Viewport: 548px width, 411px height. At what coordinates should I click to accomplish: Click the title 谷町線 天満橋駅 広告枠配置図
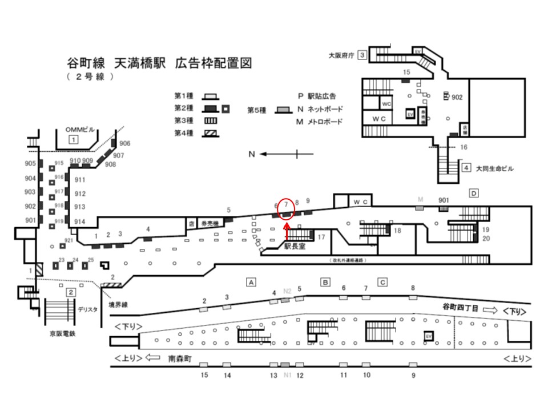tap(159, 63)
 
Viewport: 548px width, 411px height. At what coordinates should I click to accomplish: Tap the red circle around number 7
tap(287, 208)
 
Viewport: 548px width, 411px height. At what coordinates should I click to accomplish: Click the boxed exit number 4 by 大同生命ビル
tap(466, 168)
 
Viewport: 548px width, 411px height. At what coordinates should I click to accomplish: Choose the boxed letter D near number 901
tap(473, 194)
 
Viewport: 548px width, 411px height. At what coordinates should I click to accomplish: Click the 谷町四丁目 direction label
tap(461, 307)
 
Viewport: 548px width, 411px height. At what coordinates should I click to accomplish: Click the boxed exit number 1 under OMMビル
tap(73, 139)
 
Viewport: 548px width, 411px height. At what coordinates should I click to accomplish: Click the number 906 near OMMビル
tap(125, 143)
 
